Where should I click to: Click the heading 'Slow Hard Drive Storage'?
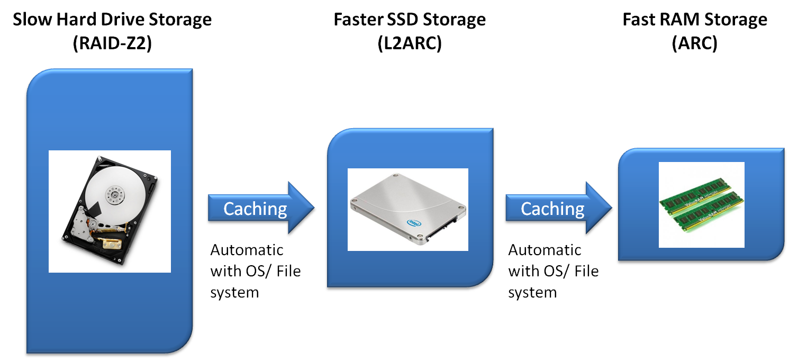(112, 20)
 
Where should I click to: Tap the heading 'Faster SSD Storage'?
(409, 20)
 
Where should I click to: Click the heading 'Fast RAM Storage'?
(694, 20)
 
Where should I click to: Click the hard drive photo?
(110, 211)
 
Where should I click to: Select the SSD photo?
(407, 210)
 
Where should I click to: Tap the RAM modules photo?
(701, 204)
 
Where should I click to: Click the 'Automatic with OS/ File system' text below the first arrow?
(255, 271)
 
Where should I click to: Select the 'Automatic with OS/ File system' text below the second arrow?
(552, 271)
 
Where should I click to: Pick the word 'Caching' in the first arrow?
(255, 209)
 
